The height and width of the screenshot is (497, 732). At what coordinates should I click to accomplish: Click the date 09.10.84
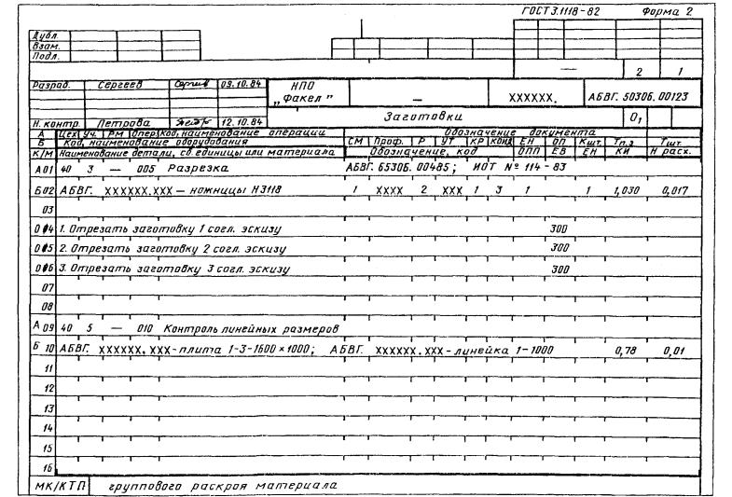coord(239,83)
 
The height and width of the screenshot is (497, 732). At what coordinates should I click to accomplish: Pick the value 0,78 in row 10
coord(624,350)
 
